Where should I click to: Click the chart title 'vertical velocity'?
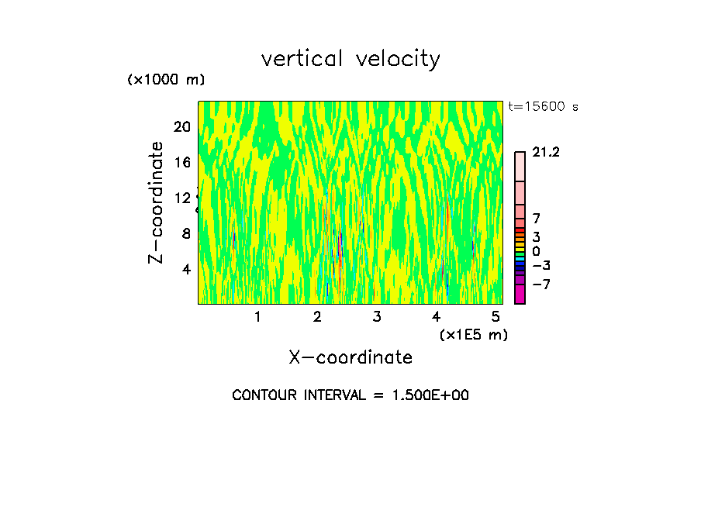(350, 59)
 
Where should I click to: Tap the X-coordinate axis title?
(350, 357)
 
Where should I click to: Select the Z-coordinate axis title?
(157, 202)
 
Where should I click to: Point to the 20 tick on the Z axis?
(181, 126)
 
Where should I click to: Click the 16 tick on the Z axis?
(181, 162)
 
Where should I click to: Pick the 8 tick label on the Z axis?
(186, 233)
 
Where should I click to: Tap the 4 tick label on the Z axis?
(186, 269)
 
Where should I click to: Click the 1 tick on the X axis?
(257, 316)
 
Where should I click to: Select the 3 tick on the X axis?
(377, 316)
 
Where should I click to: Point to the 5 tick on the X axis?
(496, 316)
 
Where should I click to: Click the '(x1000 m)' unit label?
(165, 81)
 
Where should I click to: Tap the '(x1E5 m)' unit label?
(473, 335)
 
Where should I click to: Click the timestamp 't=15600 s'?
(543, 107)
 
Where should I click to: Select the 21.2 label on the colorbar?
(546, 153)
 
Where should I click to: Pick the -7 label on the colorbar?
(541, 285)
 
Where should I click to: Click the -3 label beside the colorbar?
(541, 266)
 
